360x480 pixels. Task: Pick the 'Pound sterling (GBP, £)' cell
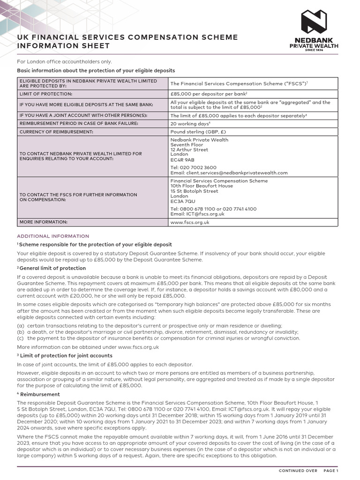coord(198,132)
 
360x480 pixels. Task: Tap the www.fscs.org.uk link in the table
coord(190,222)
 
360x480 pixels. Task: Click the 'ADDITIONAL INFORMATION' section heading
coord(53,236)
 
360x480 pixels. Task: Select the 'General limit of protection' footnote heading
coord(52,268)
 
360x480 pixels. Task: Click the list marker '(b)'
coord(21,332)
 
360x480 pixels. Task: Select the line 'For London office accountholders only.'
coord(65,62)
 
